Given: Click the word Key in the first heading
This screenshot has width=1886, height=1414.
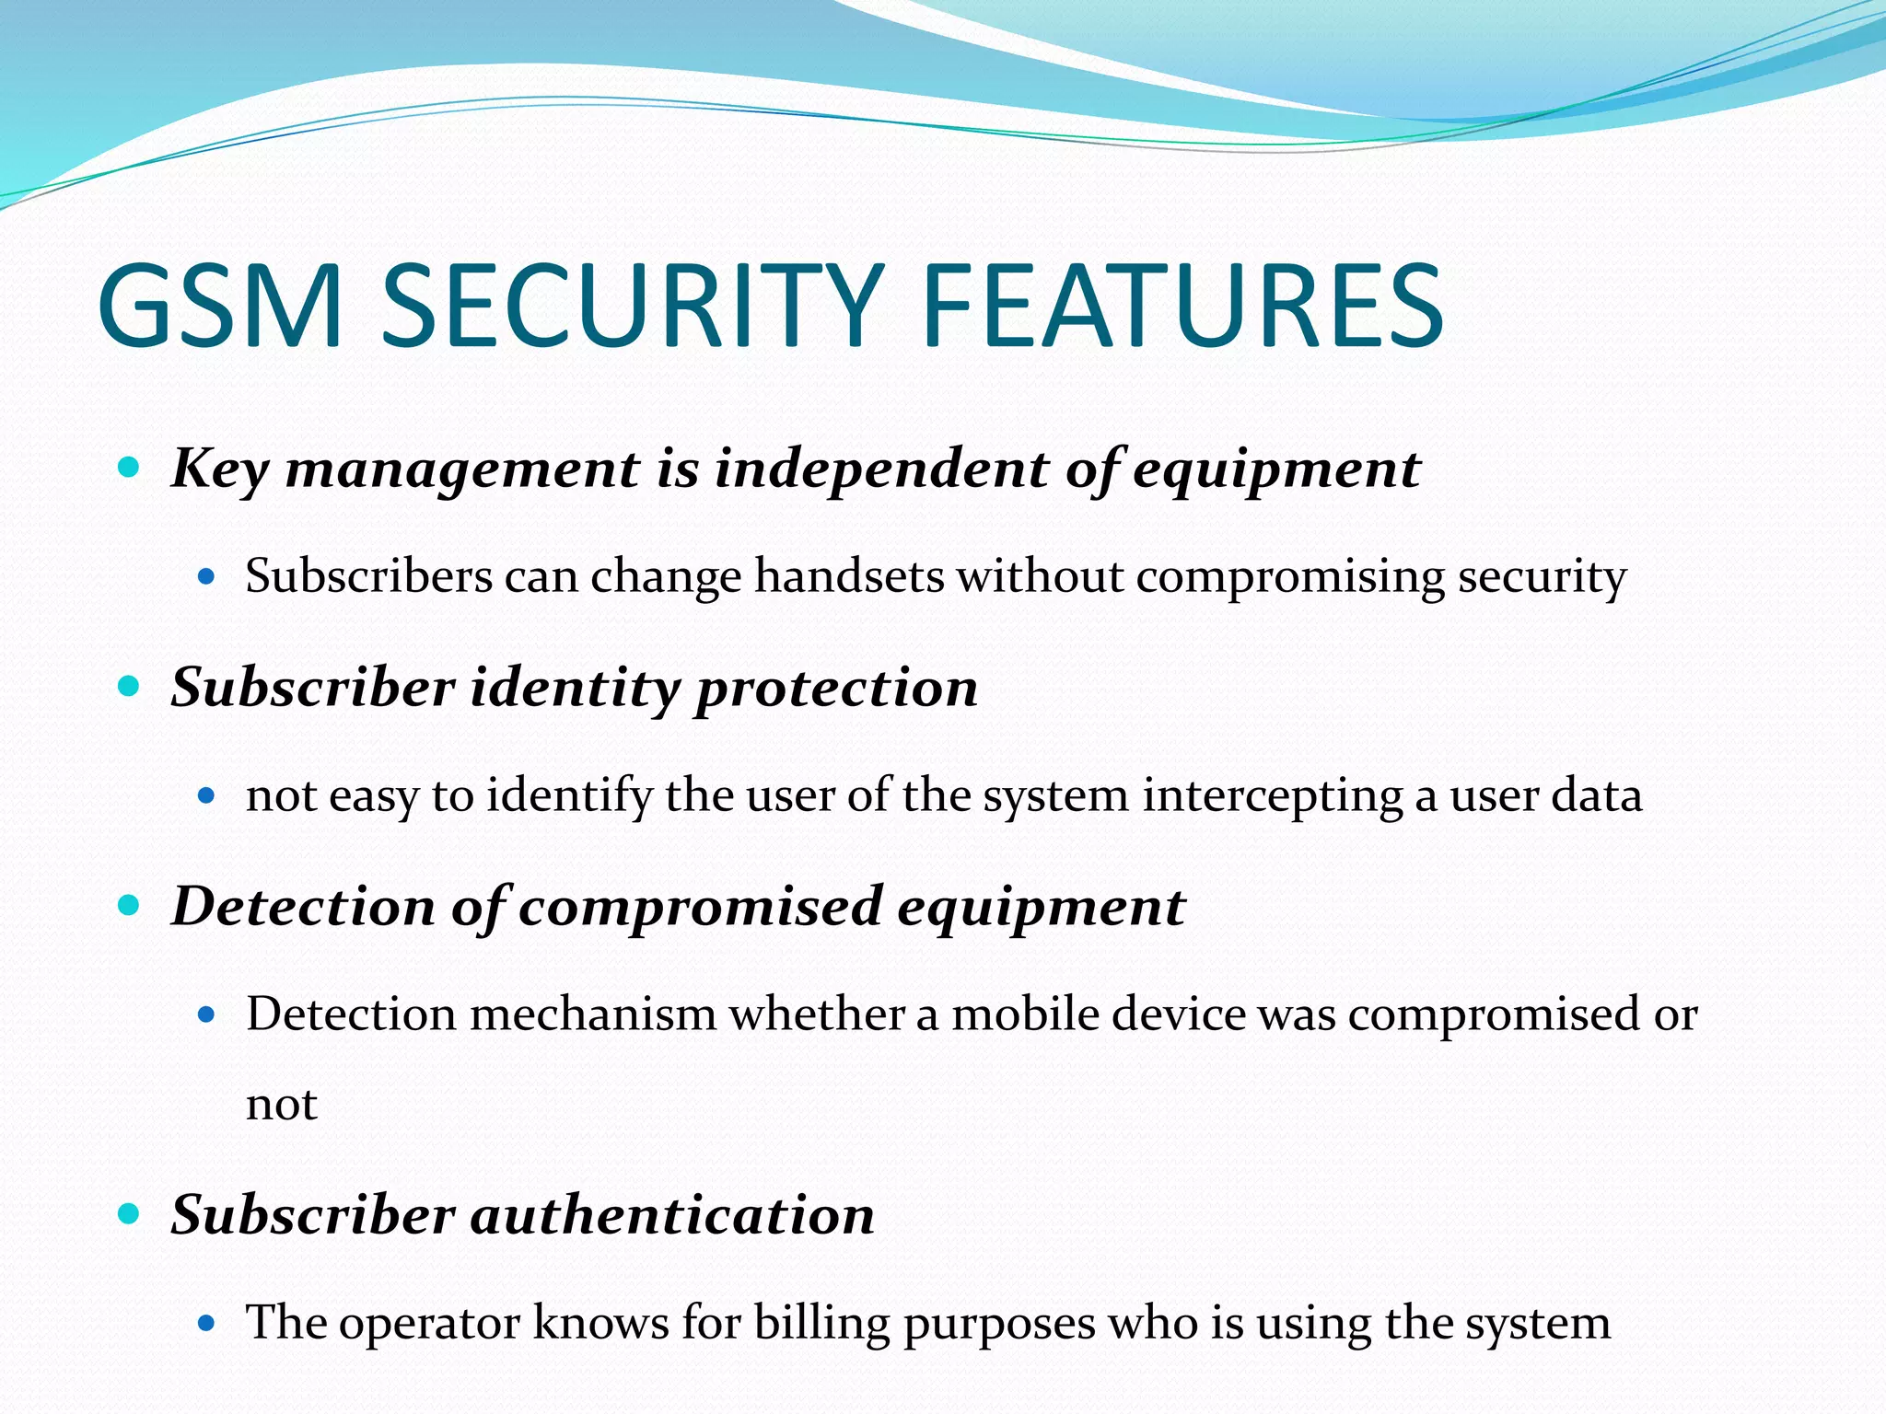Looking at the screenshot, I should (x=220, y=469).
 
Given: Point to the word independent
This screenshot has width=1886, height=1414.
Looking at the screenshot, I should (x=881, y=469).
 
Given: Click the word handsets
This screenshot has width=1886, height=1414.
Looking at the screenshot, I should (x=849, y=577).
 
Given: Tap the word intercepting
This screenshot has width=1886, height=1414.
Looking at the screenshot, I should (x=1272, y=795).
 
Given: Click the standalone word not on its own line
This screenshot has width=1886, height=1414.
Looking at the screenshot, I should (x=281, y=1104).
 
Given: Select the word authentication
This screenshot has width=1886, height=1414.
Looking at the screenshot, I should (x=672, y=1215).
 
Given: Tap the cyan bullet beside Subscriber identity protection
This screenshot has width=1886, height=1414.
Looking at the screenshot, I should (x=129, y=686).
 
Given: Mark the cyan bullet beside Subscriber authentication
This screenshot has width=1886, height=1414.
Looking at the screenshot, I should (x=129, y=1213).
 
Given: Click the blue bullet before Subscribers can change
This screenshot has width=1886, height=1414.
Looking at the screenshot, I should (x=206, y=578).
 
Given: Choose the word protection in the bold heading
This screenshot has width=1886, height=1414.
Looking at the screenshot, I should (x=836, y=688).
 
